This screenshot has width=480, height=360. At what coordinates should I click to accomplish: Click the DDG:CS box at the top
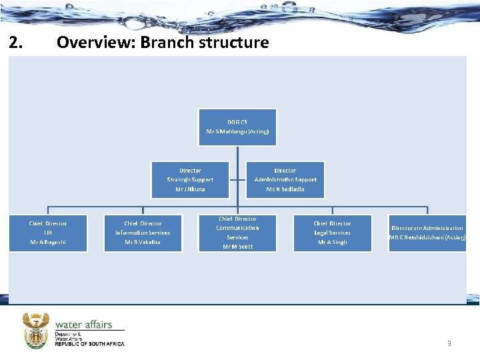tap(237, 127)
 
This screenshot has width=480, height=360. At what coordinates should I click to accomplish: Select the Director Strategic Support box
tap(190, 179)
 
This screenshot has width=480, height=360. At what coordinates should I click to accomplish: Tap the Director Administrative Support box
tap(285, 179)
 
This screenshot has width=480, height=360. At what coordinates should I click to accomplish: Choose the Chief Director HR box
tap(48, 233)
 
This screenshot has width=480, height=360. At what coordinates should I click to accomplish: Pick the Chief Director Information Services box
tap(143, 233)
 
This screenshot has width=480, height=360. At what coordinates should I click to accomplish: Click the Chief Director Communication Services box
tap(237, 233)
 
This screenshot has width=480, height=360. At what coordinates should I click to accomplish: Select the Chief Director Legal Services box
tap(332, 233)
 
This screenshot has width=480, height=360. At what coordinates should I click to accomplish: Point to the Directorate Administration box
tap(427, 233)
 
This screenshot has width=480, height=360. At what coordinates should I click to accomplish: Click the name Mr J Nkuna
tap(190, 189)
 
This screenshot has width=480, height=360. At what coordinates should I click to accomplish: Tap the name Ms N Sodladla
tap(285, 189)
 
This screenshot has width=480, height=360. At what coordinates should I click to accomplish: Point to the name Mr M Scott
tap(237, 247)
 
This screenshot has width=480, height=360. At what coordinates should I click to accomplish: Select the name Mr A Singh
tap(332, 242)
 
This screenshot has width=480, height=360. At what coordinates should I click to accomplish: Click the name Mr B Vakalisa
tap(143, 242)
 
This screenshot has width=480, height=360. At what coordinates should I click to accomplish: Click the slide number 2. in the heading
tap(17, 43)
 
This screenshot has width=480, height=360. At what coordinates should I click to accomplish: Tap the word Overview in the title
tap(89, 43)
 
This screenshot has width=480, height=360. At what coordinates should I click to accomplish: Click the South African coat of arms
tap(36, 329)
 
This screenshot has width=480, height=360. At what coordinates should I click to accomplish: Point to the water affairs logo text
tap(83, 325)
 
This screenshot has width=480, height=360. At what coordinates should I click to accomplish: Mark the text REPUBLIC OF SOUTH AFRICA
tap(89, 344)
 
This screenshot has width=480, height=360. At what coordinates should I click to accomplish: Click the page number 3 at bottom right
tap(449, 343)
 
